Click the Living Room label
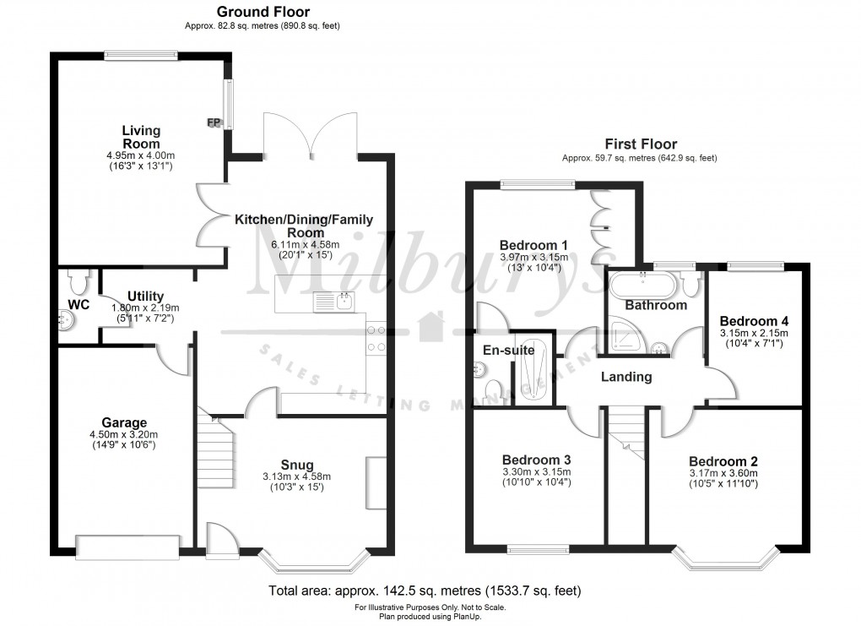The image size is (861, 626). tap(141, 137)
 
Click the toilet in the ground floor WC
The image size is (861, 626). tap(79, 279)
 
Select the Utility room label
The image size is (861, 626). tap(134, 296)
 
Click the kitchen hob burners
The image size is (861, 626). tap(376, 338)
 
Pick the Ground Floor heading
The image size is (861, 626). tap(263, 12)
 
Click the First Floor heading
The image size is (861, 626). tap(640, 144)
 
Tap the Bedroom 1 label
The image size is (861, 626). tap(533, 246)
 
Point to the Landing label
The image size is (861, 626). tap(626, 377)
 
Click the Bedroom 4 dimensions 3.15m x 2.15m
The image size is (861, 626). tap(754, 334)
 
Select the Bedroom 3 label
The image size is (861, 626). tap(537, 459)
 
